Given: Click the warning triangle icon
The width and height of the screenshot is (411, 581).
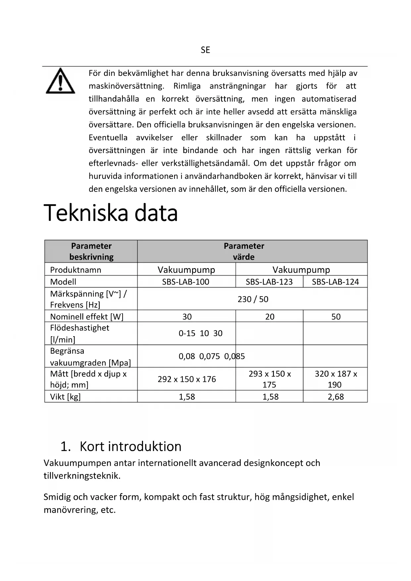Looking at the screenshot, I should pos(60,81).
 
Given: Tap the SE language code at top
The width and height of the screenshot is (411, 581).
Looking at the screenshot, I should pos(205,50).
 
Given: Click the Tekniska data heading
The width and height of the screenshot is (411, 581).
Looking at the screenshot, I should pos(111,213).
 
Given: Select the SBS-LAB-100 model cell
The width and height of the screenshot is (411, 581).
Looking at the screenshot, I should pos(185,282).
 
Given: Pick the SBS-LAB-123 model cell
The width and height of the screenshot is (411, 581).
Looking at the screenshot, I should pos(269,282).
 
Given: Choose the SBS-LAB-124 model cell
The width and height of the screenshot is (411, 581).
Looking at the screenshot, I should pos(335,282).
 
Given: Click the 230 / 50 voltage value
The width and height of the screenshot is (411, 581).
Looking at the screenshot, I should pos(253,299).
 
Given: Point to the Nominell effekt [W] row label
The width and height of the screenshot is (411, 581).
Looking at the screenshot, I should pos(86,317).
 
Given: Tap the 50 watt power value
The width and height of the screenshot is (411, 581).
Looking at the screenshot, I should pos(336,317).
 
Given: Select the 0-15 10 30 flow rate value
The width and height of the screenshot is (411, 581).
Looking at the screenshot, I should pos(200,333).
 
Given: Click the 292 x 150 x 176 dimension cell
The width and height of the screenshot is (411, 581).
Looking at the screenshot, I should pos(186,379).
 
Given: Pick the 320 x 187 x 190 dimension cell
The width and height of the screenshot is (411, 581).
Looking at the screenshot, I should pos(335,379).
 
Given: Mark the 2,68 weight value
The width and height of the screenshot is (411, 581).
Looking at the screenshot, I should pos(335,396).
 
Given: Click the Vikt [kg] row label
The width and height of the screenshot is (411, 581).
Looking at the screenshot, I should pos(65,396).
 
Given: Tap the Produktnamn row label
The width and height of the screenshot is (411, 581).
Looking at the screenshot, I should pos(76,270).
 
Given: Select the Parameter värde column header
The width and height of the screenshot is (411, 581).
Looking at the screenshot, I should pos(244,251).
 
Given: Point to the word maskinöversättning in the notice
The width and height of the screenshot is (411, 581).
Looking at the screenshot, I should pos(126,86).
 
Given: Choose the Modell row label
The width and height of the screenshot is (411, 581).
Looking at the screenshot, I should pos(63,282).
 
